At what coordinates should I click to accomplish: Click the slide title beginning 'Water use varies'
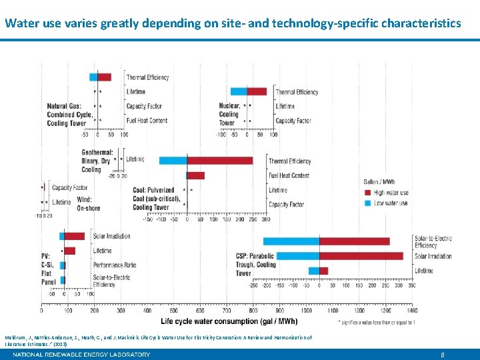232,23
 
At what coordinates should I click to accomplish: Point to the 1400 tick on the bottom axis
411,310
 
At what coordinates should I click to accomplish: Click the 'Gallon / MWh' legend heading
380,182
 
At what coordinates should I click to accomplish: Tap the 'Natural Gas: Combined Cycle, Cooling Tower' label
67,115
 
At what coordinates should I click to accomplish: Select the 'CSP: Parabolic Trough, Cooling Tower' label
255,264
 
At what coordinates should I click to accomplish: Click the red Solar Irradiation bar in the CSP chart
361,256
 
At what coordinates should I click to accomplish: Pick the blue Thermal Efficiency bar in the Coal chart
173,161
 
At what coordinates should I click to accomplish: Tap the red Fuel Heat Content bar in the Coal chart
195,175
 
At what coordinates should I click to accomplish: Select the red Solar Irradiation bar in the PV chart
75,236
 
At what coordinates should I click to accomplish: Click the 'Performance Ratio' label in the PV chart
115,265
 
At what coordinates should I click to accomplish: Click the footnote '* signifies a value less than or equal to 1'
377,322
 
